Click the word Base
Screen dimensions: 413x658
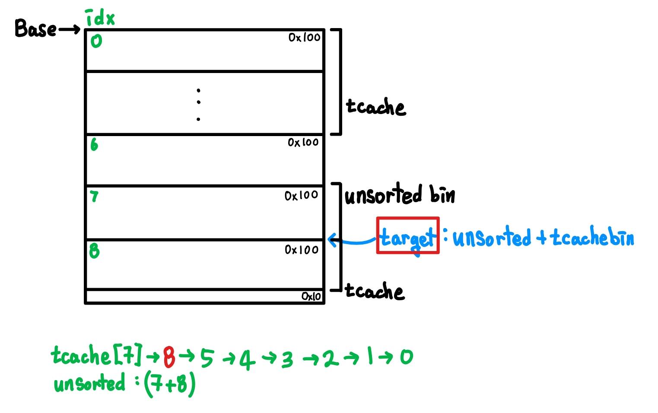click(x=35, y=29)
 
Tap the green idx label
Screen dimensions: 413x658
click(x=100, y=18)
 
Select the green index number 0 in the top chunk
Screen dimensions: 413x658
click(x=96, y=41)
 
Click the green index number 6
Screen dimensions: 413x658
click(x=94, y=144)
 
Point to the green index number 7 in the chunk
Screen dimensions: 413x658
click(x=94, y=197)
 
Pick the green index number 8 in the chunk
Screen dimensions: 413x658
click(x=94, y=251)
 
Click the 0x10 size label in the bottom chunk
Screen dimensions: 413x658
click(x=311, y=296)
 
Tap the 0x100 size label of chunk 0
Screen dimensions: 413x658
click(x=305, y=38)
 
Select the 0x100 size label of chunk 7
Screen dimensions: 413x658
click(x=301, y=196)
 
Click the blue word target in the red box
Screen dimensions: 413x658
click(x=408, y=238)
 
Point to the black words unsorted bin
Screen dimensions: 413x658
click(x=400, y=194)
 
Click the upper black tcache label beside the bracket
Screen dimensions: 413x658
click(x=376, y=107)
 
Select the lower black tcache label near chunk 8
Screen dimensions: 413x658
click(x=375, y=292)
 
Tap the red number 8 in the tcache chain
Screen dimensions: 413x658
click(x=169, y=357)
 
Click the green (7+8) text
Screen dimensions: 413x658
click(x=170, y=384)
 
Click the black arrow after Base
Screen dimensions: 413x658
click(x=69, y=29)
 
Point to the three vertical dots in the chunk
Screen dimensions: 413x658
click(x=198, y=104)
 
